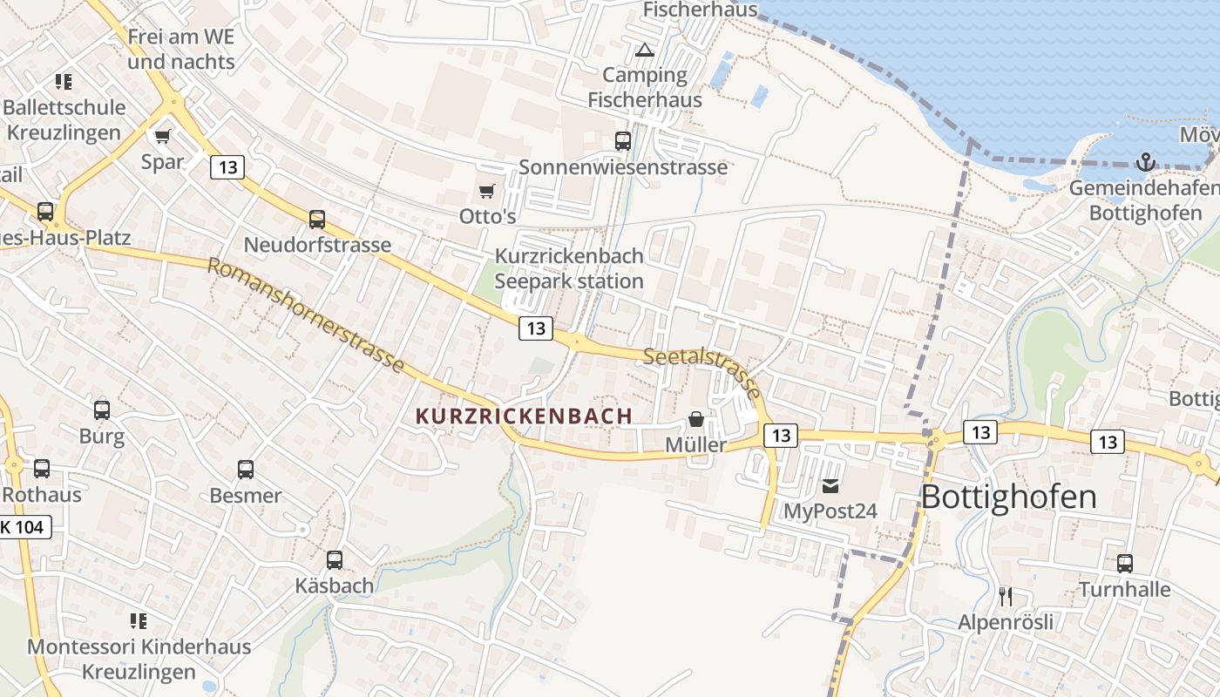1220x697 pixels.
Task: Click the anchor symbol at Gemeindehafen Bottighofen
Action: (x=1146, y=161)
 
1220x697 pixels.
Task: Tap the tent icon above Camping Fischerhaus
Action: (x=645, y=50)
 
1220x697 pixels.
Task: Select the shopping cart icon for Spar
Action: (x=163, y=136)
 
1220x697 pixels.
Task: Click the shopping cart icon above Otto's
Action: (x=487, y=191)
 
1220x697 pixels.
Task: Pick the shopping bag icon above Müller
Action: (x=695, y=419)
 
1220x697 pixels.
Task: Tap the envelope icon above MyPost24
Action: (x=830, y=485)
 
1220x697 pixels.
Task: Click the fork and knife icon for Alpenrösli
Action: (x=1006, y=596)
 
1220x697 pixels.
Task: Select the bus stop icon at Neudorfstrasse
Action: (x=317, y=220)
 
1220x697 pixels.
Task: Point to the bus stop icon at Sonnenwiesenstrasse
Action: (x=623, y=141)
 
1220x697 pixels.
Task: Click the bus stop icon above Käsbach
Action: (x=335, y=560)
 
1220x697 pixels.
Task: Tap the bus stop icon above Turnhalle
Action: (x=1125, y=564)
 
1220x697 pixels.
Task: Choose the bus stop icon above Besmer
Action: (x=246, y=470)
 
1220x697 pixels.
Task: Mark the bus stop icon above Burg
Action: (x=102, y=410)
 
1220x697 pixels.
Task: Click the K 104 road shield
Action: (x=25, y=526)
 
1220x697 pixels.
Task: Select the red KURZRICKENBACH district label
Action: (x=525, y=416)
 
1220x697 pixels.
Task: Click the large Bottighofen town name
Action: (x=1008, y=497)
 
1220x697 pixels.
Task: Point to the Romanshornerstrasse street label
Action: (x=306, y=315)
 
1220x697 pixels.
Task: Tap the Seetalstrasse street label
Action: (x=702, y=369)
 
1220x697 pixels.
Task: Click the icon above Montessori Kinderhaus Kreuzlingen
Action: (x=139, y=621)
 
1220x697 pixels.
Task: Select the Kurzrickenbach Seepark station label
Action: (x=569, y=268)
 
